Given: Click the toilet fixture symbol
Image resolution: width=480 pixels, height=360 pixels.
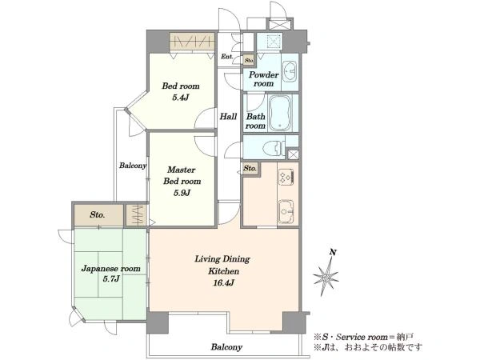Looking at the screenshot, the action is tap(274, 148).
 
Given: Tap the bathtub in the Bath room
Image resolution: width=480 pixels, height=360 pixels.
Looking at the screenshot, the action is tap(280, 113).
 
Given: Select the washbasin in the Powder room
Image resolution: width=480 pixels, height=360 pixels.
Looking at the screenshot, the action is tap(290, 72).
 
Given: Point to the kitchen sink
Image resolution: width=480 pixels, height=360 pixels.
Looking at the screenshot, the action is tap(286, 211).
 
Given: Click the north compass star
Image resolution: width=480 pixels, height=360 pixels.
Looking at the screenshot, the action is tap(326, 277).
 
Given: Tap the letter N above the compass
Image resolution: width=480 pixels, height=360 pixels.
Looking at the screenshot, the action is tap(333, 253).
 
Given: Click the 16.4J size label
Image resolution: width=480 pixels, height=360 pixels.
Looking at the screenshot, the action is tap(223, 283).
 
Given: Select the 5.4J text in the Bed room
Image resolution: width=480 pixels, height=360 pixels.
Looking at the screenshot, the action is tap(180, 98).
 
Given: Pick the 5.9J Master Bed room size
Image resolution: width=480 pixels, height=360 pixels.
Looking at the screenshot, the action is tap(182, 193).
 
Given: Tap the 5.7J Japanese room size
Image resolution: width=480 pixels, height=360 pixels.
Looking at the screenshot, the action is tap(111, 279).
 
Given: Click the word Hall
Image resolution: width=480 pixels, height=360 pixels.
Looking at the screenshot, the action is tap(228, 116).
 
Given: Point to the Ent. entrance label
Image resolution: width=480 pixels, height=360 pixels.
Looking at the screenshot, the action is tap(227, 57).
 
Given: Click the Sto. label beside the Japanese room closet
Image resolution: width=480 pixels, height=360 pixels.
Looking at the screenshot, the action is tap(98, 215).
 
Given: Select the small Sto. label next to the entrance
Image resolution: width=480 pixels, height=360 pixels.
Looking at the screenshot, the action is tap(249, 60).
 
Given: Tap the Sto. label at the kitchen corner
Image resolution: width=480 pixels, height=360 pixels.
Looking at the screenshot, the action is tap(250, 168).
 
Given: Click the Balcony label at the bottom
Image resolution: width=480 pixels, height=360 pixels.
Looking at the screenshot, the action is tap(226, 347).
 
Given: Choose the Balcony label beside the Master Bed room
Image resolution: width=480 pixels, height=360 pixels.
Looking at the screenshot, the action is tap(133, 166).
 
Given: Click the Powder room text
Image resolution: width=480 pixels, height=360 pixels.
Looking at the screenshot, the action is tap(263, 79).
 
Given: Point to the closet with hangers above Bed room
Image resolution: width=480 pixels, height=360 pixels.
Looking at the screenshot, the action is tap(192, 41).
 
